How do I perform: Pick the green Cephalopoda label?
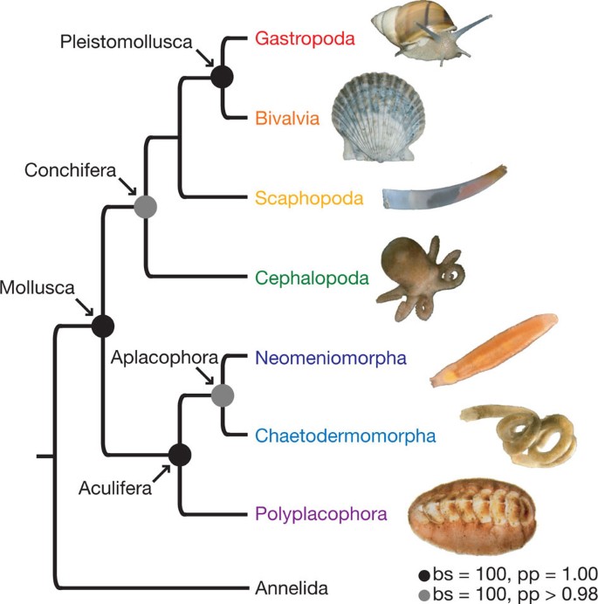click(x=313, y=278)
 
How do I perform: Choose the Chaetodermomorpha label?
click(x=346, y=435)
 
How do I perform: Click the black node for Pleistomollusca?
click(x=223, y=77)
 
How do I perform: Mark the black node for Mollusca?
click(x=104, y=326)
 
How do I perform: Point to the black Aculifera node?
click(x=179, y=454)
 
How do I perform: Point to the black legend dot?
click(x=423, y=574)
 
